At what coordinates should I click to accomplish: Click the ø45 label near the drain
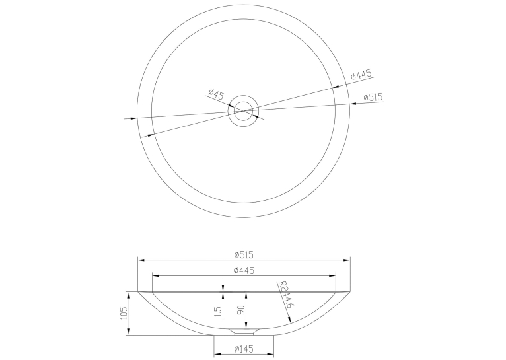(216, 94)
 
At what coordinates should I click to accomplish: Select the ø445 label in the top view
(361, 75)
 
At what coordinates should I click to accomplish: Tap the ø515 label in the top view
(373, 97)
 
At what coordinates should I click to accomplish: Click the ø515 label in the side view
(244, 255)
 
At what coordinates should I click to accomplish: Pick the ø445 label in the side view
(244, 270)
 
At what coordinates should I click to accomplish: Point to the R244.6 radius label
(285, 295)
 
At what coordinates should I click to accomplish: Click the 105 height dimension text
(124, 313)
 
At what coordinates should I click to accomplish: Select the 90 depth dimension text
(241, 310)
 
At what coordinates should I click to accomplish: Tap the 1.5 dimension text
(219, 311)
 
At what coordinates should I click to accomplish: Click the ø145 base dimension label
(244, 349)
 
